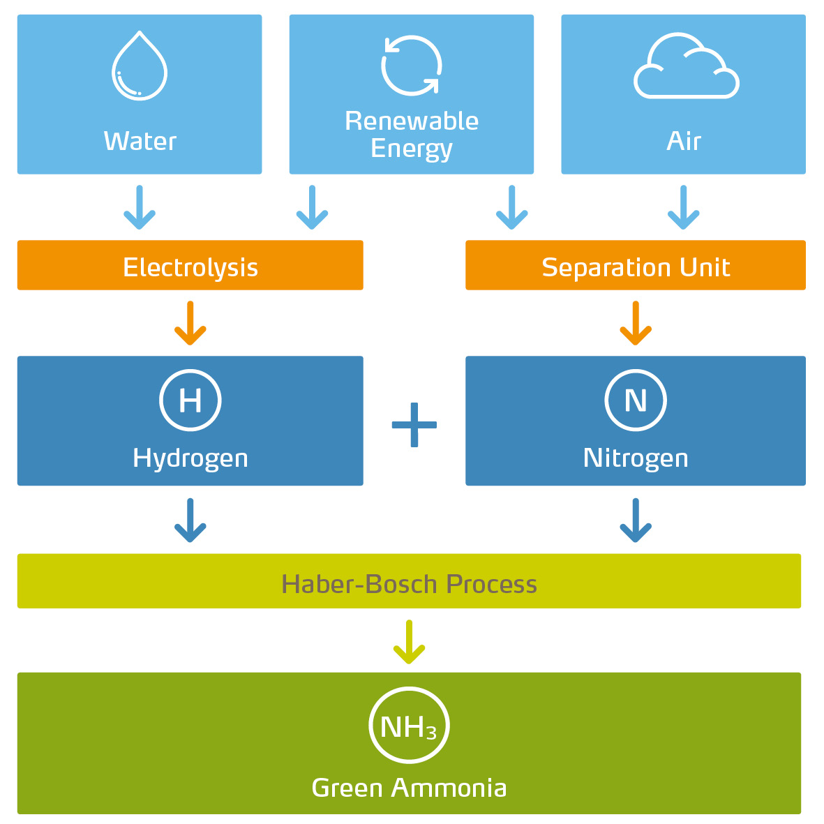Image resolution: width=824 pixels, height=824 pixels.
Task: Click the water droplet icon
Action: pyautogui.click(x=140, y=66)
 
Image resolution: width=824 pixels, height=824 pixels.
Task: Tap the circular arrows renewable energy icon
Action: pyautogui.click(x=412, y=66)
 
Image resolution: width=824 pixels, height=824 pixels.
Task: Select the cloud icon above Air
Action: pyautogui.click(x=686, y=67)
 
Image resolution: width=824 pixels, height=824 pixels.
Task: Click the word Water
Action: pyautogui.click(x=140, y=141)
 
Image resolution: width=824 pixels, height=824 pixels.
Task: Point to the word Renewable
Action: pyautogui.click(x=412, y=121)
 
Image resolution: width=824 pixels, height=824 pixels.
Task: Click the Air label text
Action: pyautogui.click(x=684, y=141)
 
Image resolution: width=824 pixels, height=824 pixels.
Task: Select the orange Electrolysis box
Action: pyautogui.click(x=190, y=266)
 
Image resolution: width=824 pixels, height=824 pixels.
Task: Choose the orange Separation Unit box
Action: pyautogui.click(x=635, y=266)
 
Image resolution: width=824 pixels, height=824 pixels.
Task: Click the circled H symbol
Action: pyautogui.click(x=190, y=400)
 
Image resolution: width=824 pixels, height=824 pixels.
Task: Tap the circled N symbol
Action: pyautogui.click(x=636, y=400)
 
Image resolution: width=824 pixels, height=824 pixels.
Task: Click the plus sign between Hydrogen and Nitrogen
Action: pyautogui.click(x=414, y=425)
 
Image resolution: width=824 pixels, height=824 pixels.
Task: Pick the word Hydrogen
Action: pyautogui.click(x=190, y=458)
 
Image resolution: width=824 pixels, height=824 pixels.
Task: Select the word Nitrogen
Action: pyautogui.click(x=636, y=458)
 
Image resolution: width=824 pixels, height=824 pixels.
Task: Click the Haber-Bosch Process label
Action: pyautogui.click(x=409, y=583)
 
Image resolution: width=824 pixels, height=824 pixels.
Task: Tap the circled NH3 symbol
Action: pyautogui.click(x=409, y=726)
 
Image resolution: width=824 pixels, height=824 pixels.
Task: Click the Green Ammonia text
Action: pyautogui.click(x=409, y=788)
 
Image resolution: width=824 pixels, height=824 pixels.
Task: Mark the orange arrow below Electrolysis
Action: pyautogui.click(x=190, y=324)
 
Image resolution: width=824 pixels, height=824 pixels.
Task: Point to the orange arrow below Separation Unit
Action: pyautogui.click(x=636, y=324)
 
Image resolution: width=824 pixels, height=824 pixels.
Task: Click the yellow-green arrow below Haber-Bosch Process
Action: pyautogui.click(x=409, y=642)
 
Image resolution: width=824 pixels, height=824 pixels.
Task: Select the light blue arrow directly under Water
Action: pyautogui.click(x=140, y=208)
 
